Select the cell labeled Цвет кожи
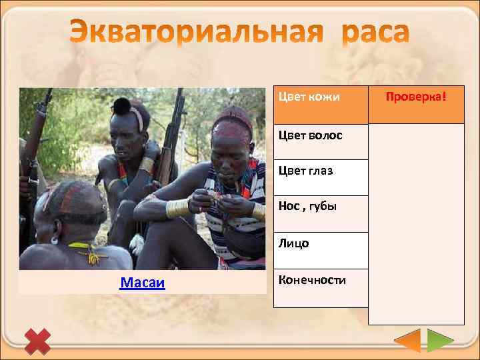click(321, 105)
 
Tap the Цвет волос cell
click(321, 141)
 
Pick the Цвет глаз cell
click(321, 177)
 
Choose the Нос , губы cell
click(321, 213)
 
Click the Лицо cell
click(321, 250)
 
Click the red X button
click(38, 341)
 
